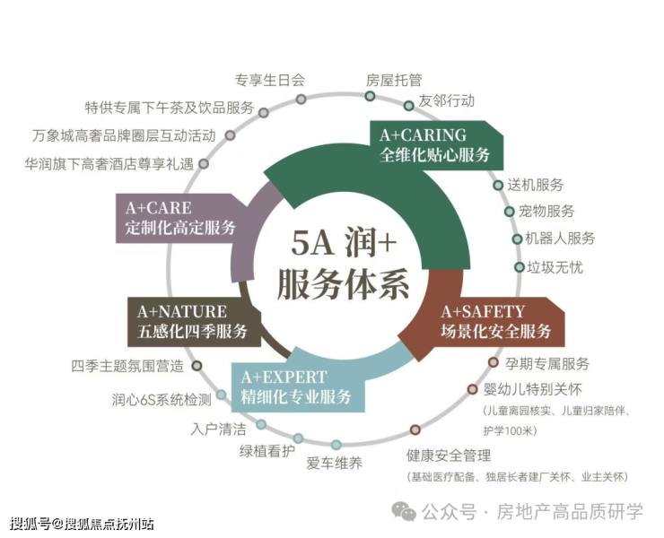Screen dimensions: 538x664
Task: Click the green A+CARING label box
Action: coord(435,144)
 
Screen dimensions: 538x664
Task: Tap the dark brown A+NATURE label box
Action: coord(192,322)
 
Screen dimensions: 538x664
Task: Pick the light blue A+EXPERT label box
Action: coord(297,388)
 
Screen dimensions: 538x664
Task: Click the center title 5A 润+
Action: coord(344,244)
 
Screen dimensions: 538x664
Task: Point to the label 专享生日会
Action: coord(270,80)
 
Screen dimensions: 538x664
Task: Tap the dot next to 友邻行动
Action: coord(409,105)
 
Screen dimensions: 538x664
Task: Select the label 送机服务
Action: coord(536,185)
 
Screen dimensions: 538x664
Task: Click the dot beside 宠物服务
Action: coord(510,212)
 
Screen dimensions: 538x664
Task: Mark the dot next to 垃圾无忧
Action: coord(519,267)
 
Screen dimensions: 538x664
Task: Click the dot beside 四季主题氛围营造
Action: coord(197,366)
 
